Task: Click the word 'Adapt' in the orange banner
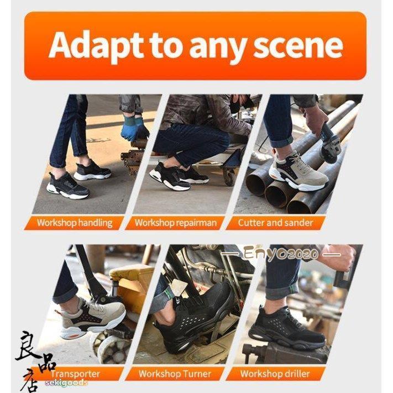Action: point(96,46)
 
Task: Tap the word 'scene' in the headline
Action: point(298,46)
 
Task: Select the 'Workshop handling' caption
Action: point(75,223)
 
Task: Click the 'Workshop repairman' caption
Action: point(175,223)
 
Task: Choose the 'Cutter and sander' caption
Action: point(275,223)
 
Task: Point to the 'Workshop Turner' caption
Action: point(175,374)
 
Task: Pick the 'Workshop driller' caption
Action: point(275,374)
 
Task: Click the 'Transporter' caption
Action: point(75,374)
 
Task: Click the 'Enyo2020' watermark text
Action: point(281,254)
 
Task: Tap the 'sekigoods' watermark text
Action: point(66,382)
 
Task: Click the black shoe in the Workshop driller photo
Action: point(287,328)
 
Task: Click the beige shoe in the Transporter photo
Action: point(92,318)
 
